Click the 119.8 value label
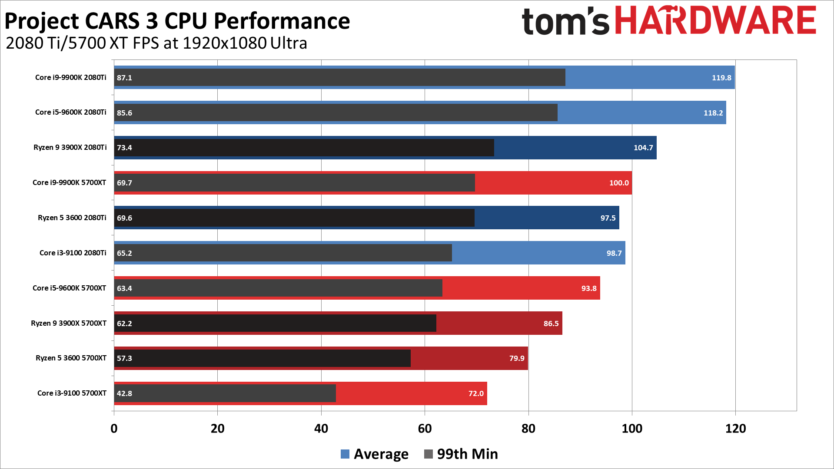[721, 78]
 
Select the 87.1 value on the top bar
[124, 78]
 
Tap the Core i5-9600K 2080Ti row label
[70, 112]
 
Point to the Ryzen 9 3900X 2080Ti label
[70, 147]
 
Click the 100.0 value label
[618, 183]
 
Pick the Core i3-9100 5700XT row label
[72, 393]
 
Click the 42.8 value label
[124, 393]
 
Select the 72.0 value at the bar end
[475, 393]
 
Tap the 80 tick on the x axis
[528, 429]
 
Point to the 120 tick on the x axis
[735, 429]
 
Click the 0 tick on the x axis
[114, 429]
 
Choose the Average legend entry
[375, 454]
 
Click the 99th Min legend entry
[461, 454]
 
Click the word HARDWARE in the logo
[716, 20]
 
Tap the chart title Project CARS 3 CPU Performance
[177, 21]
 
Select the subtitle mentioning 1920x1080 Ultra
[156, 43]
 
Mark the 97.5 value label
[608, 218]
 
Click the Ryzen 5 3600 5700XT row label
[71, 358]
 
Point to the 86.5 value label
[551, 324]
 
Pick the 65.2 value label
[124, 253]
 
